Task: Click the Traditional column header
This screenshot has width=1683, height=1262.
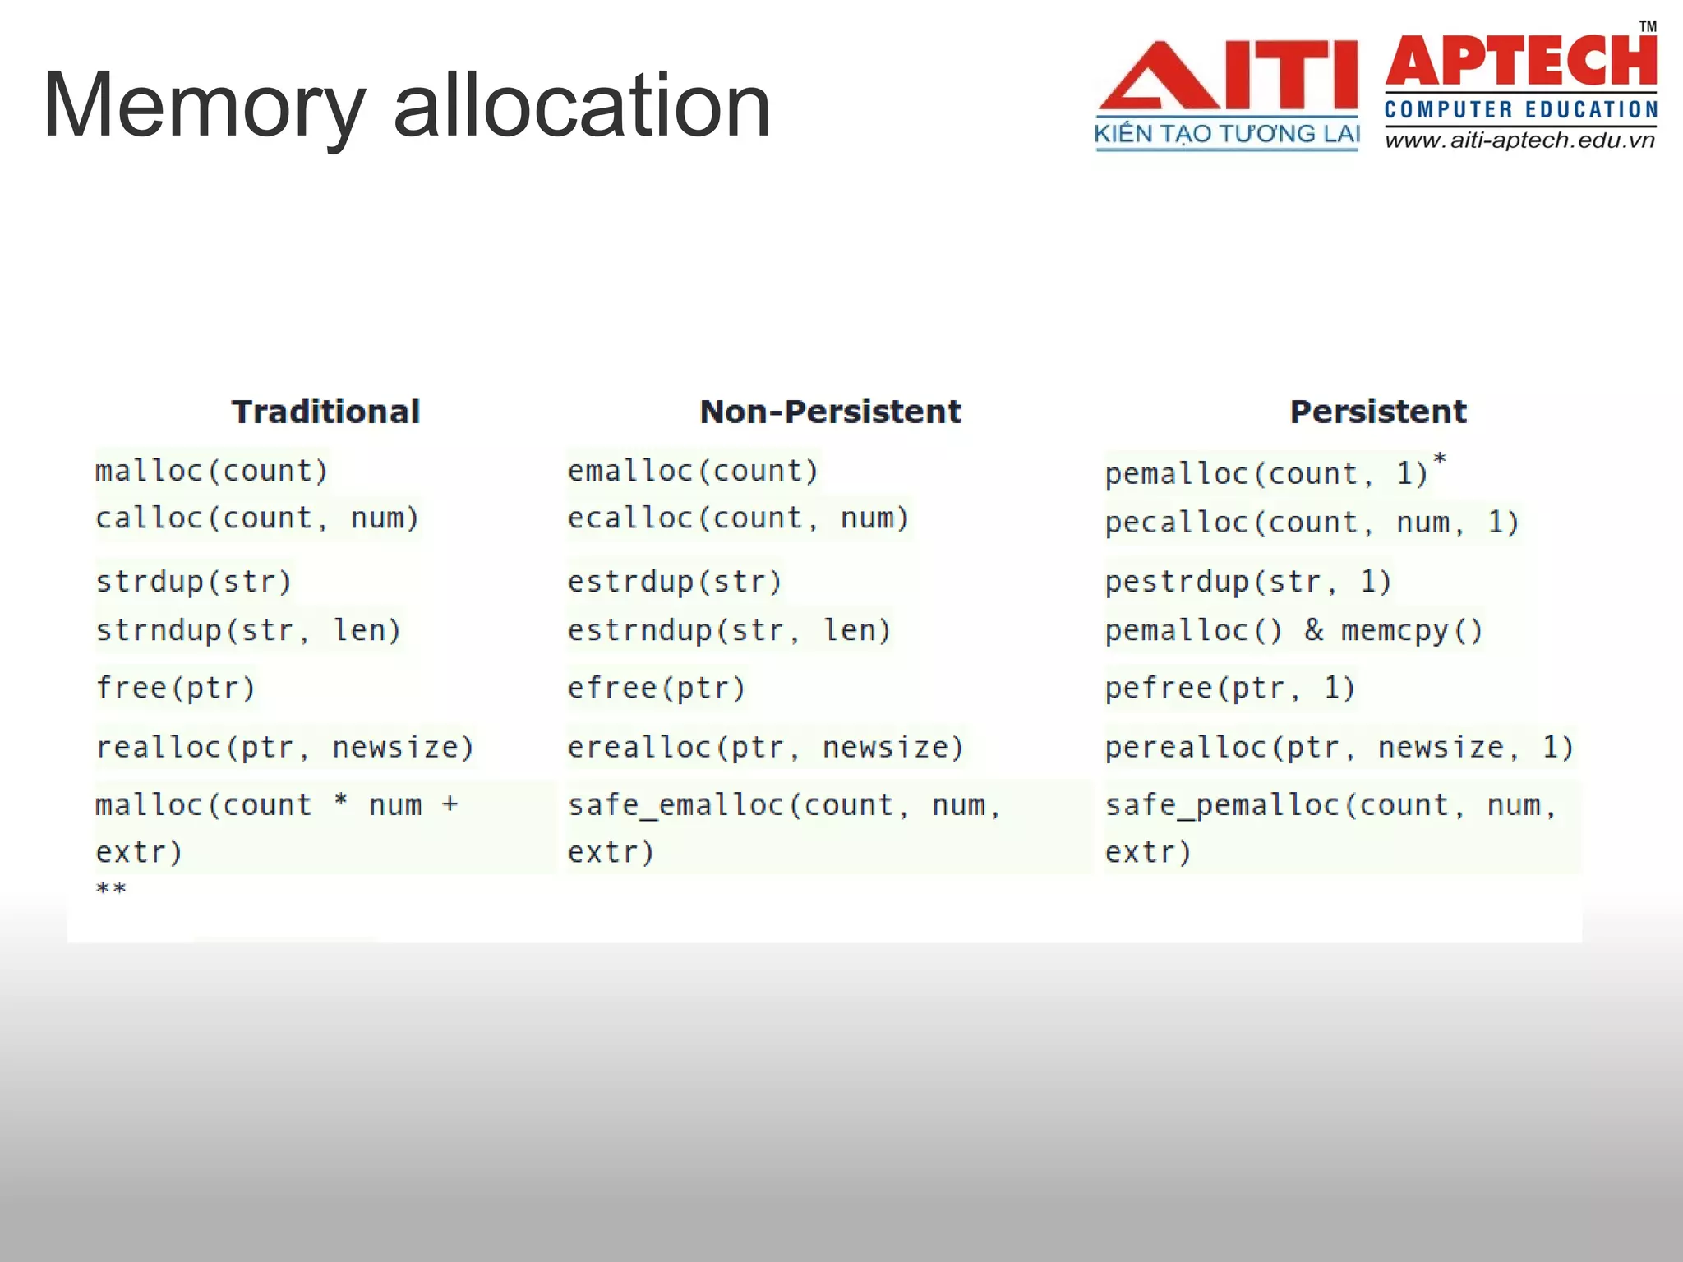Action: click(x=325, y=412)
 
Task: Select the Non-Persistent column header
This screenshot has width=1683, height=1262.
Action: click(x=830, y=412)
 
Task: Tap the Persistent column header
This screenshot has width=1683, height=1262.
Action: click(x=1378, y=412)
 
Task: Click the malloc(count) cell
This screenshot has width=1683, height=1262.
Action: click(x=211, y=471)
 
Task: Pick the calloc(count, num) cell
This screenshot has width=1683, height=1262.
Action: click(x=257, y=518)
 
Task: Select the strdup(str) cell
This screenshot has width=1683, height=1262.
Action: click(x=194, y=582)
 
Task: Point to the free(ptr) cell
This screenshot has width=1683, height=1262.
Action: click(x=176, y=688)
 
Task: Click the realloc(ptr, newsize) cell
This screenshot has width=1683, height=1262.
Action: click(x=285, y=748)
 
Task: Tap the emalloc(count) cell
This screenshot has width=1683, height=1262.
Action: click(x=693, y=471)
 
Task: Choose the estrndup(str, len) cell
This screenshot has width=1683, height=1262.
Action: click(x=729, y=631)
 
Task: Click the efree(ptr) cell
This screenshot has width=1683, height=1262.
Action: click(x=656, y=688)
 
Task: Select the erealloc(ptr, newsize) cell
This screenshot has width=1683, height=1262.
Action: click(x=765, y=748)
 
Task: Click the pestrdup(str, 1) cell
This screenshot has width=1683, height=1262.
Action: click(x=1247, y=582)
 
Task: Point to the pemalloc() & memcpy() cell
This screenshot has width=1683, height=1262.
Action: click(x=1293, y=631)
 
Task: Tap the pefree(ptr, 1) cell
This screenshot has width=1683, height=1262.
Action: click(x=1229, y=688)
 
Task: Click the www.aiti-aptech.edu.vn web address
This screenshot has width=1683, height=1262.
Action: click(x=1519, y=140)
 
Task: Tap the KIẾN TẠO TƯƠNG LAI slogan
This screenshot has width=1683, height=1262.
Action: click(x=1227, y=134)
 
